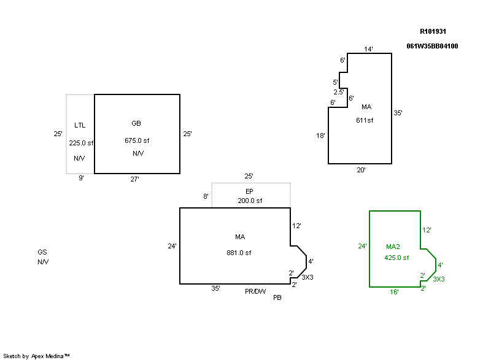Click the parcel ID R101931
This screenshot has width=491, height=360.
[434, 31]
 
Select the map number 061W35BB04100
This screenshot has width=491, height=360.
[432, 46]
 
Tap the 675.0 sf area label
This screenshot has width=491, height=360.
[137, 140]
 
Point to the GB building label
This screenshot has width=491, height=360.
[136, 123]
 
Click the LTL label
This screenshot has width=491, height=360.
[80, 126]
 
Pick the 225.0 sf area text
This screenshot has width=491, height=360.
[81, 143]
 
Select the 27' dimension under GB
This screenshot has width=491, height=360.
[134, 179]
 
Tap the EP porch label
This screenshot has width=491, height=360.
[250, 191]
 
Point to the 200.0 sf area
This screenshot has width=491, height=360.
[250, 201]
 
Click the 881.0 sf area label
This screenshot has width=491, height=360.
[239, 253]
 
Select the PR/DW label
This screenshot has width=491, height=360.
[255, 292]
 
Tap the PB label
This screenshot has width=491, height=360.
[277, 298]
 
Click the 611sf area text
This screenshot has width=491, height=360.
[365, 120]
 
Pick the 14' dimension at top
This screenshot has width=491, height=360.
[368, 49]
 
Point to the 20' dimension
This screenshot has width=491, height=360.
[361, 170]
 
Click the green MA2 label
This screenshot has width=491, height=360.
[393, 247]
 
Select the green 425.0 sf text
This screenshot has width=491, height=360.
[396, 258]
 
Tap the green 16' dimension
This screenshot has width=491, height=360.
[395, 293]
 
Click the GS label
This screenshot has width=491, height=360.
[42, 252]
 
